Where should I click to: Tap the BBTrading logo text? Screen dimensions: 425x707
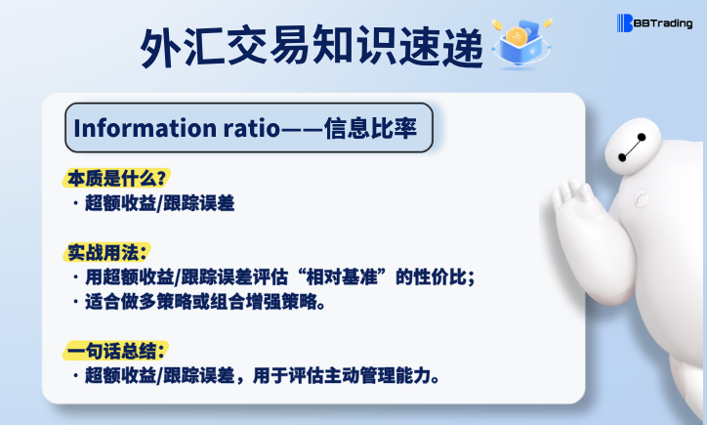tap(660, 22)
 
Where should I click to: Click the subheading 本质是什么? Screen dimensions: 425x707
tap(117, 178)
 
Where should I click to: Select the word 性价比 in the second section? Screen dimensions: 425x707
tap(437, 276)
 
